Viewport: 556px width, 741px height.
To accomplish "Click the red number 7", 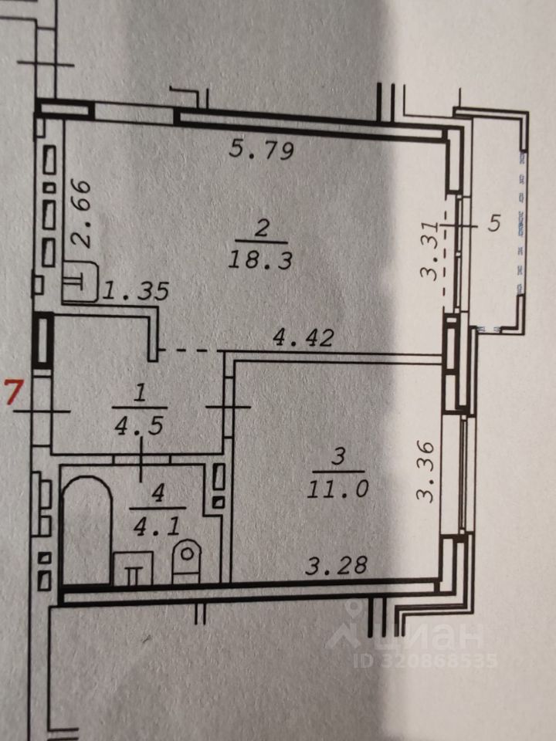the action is [x=12, y=392].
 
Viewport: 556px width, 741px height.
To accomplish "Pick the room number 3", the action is [x=337, y=457].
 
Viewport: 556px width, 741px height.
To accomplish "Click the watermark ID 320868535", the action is [x=425, y=661].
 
